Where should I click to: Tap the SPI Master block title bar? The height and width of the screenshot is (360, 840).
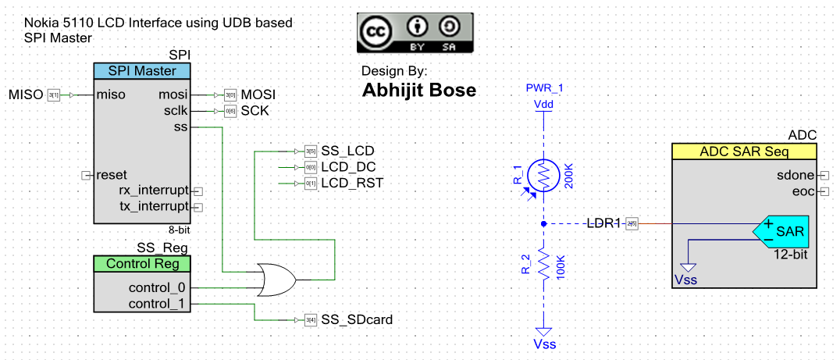(x=142, y=71)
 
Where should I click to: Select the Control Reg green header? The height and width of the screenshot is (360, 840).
(x=142, y=264)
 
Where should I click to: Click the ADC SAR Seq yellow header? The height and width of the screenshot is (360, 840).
(x=744, y=151)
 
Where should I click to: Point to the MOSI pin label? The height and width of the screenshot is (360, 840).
(x=258, y=95)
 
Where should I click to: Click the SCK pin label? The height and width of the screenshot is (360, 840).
(x=254, y=111)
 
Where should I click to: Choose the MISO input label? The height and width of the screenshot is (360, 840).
(x=26, y=95)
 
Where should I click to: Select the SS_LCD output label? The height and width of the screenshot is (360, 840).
(x=347, y=151)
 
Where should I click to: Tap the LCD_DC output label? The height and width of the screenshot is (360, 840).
(x=349, y=167)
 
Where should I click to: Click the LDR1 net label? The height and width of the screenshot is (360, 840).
(x=603, y=224)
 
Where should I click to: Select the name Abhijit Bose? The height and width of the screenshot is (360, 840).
(x=418, y=91)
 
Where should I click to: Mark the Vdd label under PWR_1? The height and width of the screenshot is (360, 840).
(x=543, y=104)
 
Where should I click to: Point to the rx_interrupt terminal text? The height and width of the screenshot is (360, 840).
(x=154, y=191)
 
